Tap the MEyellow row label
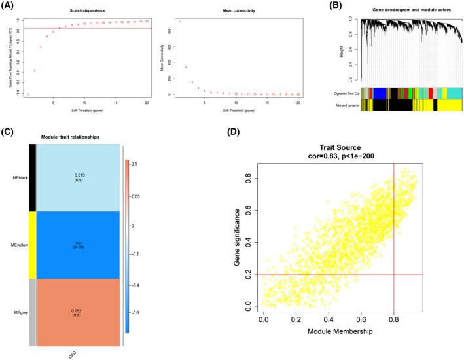tap(20, 245)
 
